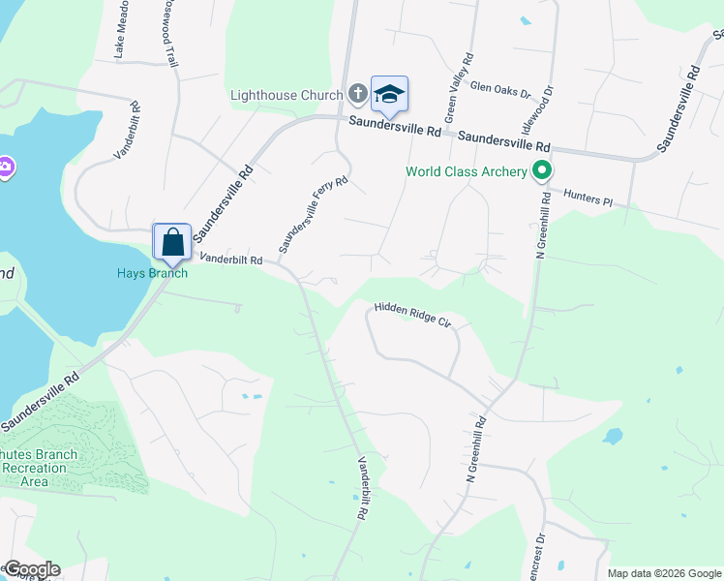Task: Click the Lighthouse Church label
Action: [x=287, y=95]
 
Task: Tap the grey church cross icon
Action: [x=357, y=94]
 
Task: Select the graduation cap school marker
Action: [x=389, y=94]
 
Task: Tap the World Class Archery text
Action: [x=466, y=172]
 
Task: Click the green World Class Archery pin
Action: [x=542, y=172]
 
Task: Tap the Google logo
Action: [x=31, y=569]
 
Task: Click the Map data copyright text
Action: [x=664, y=573]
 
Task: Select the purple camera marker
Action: [x=4, y=168]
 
